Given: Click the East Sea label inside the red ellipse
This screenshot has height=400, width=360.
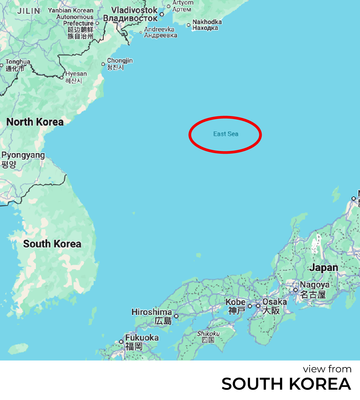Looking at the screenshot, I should coord(226,134).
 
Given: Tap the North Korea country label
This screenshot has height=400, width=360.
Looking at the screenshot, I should coord(35,122).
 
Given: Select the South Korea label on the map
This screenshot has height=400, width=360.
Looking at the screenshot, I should coord(52,244).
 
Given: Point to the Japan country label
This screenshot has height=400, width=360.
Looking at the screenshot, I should coord(323,268).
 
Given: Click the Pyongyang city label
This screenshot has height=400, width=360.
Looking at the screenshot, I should coord(23,156).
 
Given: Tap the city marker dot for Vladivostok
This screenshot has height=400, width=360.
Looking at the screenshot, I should coord(162,14).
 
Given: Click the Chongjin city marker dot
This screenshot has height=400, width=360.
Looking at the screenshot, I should coord(103,64).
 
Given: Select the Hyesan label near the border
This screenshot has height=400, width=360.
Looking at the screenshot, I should coord(76,74).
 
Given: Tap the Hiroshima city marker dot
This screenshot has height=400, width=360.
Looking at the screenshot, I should coord(176,316).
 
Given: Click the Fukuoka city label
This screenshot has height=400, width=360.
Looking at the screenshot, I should coord(142,338).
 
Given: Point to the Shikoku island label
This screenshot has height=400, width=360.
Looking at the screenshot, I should coord(208,334).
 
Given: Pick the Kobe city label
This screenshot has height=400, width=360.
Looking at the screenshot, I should coord(236,302).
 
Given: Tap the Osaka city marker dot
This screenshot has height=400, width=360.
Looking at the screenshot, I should coord(258,306).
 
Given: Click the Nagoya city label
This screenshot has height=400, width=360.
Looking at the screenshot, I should coord(314,285).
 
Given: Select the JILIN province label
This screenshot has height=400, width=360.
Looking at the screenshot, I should coord(29,11).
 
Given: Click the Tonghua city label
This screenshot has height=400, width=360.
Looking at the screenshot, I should coord(18,62).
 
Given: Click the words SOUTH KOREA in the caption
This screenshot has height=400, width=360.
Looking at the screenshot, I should coord(286,384).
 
